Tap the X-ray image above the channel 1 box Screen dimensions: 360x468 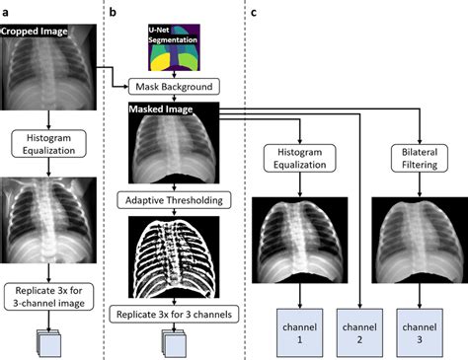click(x=293, y=236)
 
